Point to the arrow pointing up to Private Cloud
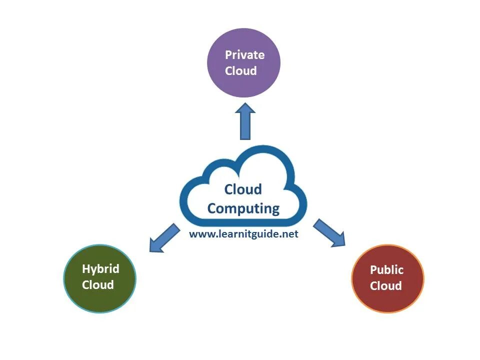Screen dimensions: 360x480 click(245, 122)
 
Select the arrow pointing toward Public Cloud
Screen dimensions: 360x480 click(328, 232)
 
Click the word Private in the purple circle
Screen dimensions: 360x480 click(244, 55)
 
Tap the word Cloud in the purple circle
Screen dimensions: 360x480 click(240, 71)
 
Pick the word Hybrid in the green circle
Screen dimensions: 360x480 click(100, 269)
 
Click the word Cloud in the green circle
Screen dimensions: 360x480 click(98, 285)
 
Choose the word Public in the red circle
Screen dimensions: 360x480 click(386, 270)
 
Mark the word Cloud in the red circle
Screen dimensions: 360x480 click(386, 286)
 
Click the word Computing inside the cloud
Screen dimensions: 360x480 click(243, 208)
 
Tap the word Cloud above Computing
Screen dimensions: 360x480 click(243, 189)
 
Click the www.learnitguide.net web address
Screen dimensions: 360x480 click(243, 234)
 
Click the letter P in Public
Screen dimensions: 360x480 click(373, 270)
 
